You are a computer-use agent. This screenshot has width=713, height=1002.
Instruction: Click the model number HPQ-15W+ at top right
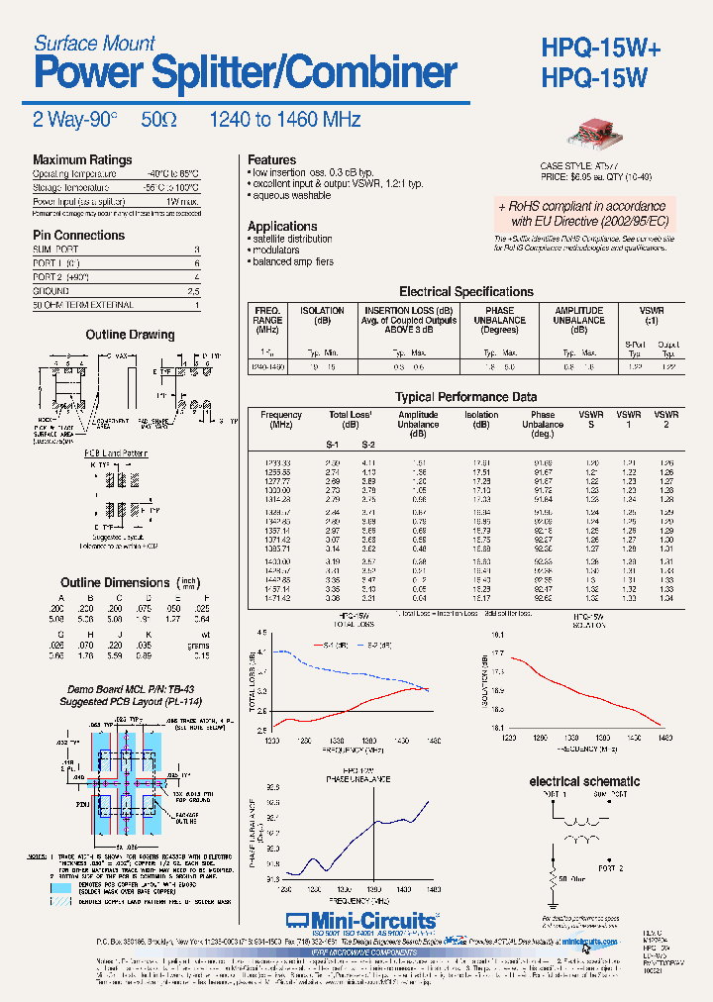[613, 47]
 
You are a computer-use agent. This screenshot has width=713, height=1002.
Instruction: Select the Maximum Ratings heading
[82, 160]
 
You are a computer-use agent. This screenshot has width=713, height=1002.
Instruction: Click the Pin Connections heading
[78, 236]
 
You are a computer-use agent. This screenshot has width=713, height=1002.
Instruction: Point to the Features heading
[271, 160]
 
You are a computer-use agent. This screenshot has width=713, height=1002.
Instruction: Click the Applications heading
[282, 227]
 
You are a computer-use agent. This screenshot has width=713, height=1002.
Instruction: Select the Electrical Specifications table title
[465, 292]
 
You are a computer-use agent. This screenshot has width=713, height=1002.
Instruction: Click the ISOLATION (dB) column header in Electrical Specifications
[322, 316]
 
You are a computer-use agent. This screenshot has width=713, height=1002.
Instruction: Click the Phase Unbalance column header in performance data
[543, 424]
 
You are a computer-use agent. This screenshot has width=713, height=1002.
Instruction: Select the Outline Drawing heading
[130, 336]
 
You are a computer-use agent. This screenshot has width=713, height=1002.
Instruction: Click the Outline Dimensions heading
[115, 583]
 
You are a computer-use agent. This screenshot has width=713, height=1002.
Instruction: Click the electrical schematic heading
[584, 781]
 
